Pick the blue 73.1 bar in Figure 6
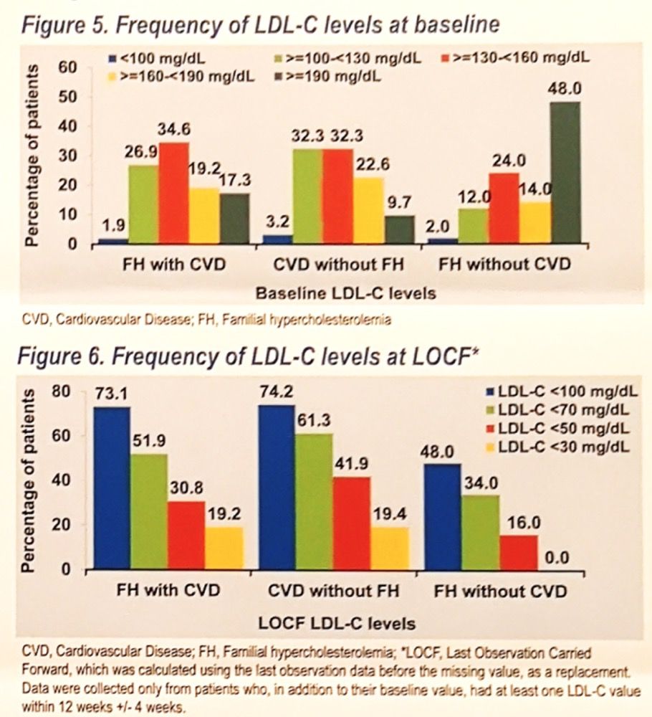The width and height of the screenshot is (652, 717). pyautogui.click(x=112, y=488)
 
